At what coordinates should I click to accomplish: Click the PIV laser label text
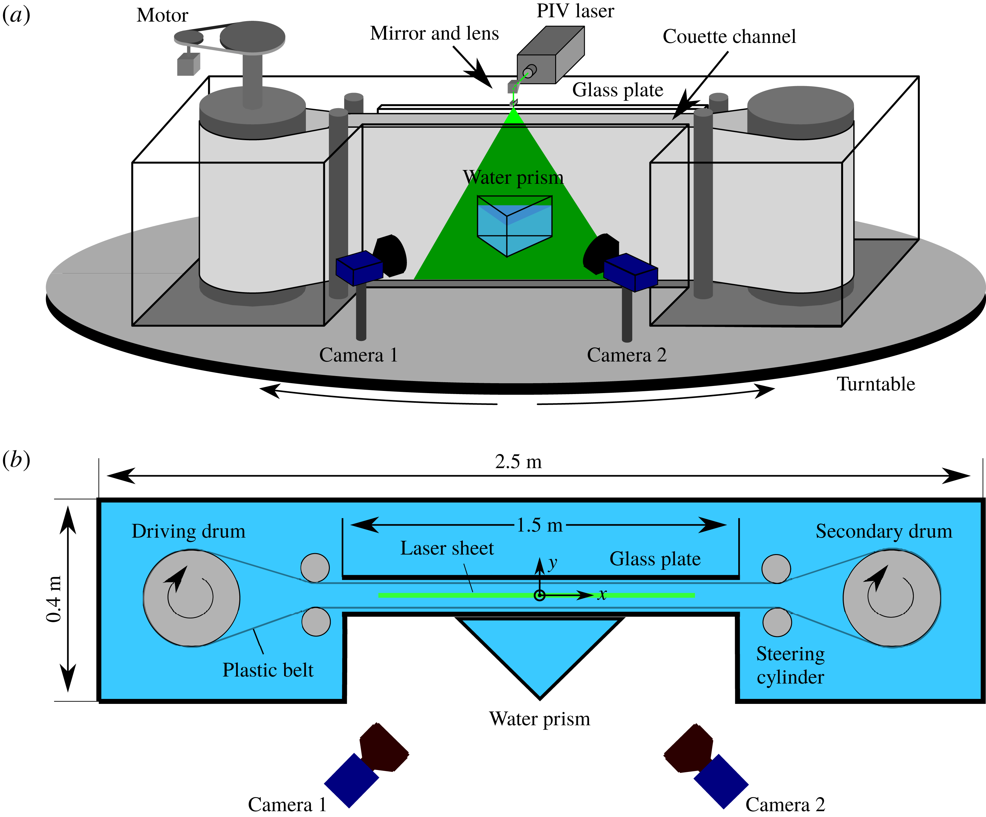coord(575,11)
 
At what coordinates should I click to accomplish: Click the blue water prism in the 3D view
coord(514,226)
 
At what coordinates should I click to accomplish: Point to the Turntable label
coord(876,384)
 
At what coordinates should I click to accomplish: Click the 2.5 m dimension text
coord(518,462)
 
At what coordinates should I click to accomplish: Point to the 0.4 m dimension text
coord(54,599)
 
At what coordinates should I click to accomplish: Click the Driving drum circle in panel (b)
coord(191,598)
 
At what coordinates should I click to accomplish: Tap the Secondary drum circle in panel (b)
coord(891,598)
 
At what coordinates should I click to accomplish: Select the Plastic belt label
coord(268,670)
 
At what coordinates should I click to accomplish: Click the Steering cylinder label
coord(790,665)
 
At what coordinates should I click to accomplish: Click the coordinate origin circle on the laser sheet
coord(540,595)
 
